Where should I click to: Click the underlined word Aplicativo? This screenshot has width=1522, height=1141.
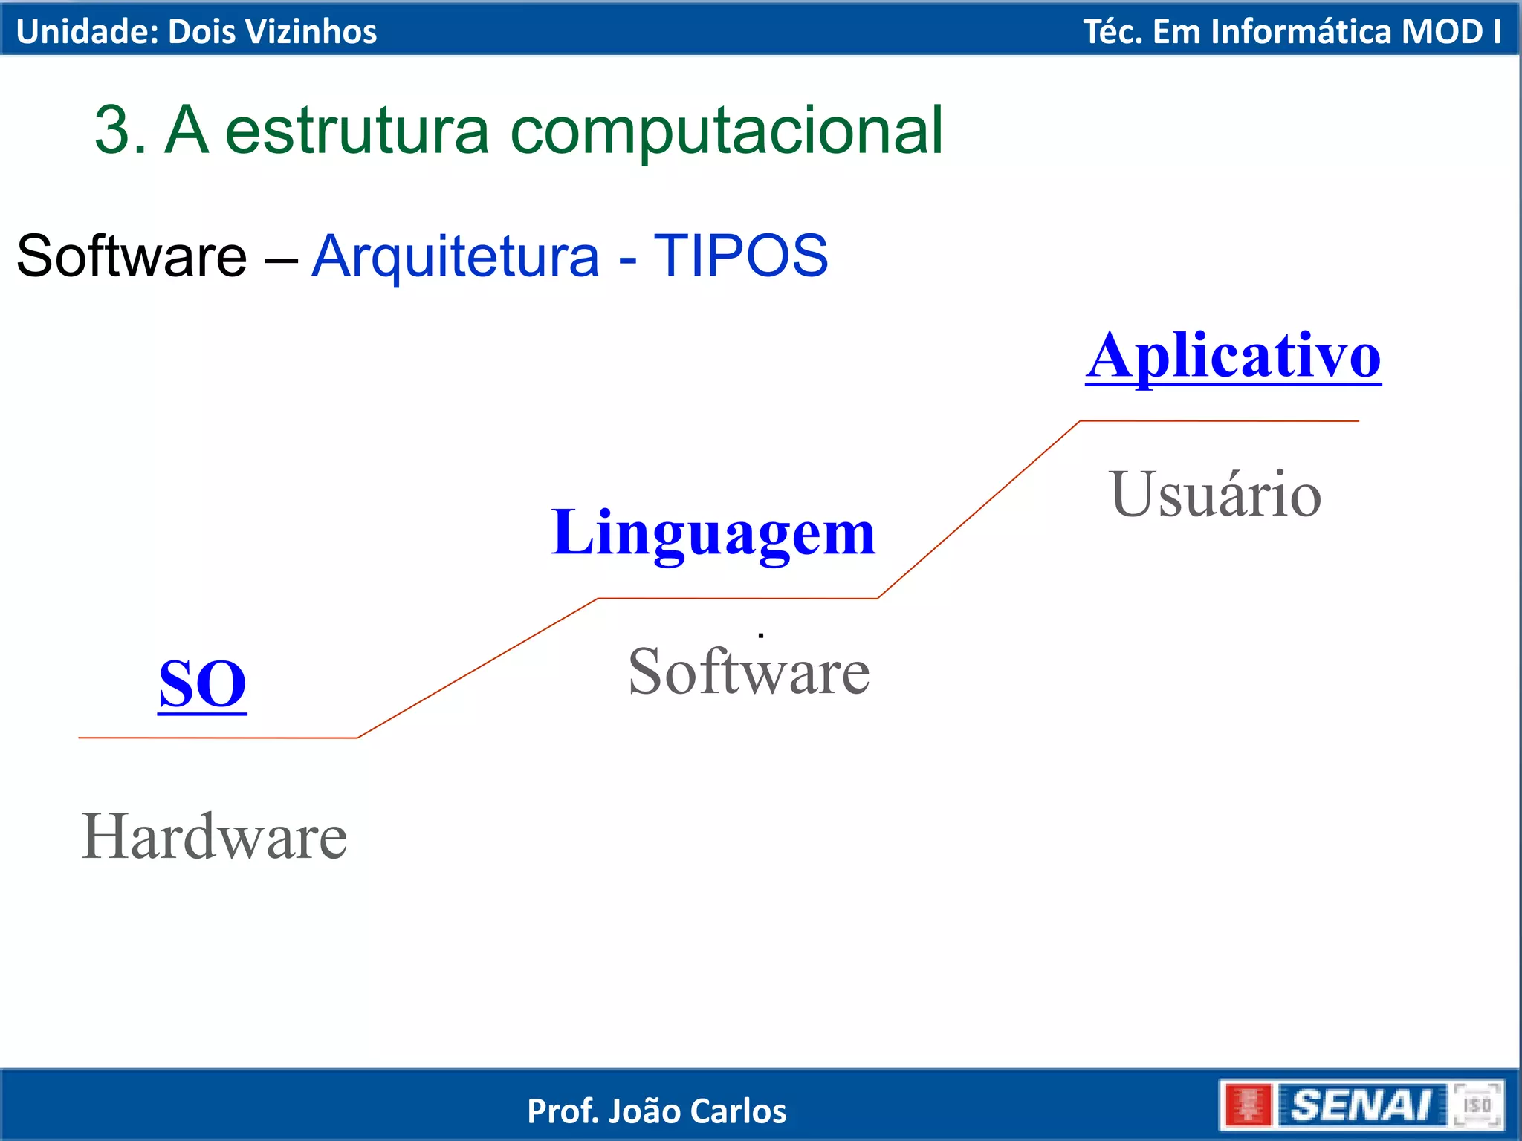1232,358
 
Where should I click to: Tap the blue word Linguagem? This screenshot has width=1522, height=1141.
713,533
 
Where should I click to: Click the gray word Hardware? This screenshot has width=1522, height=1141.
214,837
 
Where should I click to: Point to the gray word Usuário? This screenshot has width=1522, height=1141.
1216,495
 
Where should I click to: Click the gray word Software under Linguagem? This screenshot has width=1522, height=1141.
748,672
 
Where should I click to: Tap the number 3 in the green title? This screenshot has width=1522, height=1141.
112,131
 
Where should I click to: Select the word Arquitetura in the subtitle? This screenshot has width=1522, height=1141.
455,256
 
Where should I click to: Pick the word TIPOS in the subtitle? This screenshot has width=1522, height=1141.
740,256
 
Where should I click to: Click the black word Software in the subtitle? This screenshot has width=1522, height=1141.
132,256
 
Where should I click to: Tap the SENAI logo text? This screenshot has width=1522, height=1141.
1361,1105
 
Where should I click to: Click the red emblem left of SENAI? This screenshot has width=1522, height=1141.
1247,1105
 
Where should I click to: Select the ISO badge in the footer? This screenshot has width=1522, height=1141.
1477,1105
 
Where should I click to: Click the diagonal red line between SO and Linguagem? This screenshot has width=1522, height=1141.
477,669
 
